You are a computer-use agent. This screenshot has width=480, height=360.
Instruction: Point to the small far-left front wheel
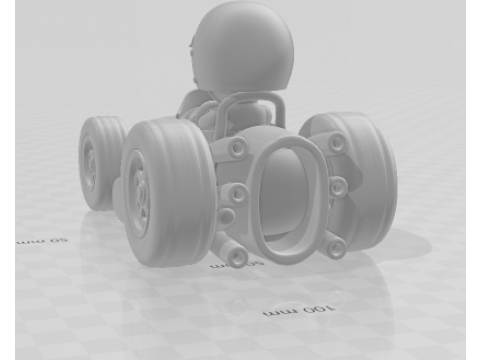(x=98, y=162)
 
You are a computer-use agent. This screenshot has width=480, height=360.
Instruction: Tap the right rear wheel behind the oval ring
(x=360, y=180)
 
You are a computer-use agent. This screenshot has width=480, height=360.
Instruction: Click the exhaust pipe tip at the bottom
(x=238, y=257)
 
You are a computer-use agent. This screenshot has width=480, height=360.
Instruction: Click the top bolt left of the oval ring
(x=238, y=148)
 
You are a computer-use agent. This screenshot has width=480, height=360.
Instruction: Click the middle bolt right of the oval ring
(x=338, y=186)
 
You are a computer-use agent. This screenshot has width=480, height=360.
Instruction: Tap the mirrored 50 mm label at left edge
(x=40, y=241)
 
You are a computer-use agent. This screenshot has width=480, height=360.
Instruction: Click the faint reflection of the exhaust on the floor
(x=238, y=300)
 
